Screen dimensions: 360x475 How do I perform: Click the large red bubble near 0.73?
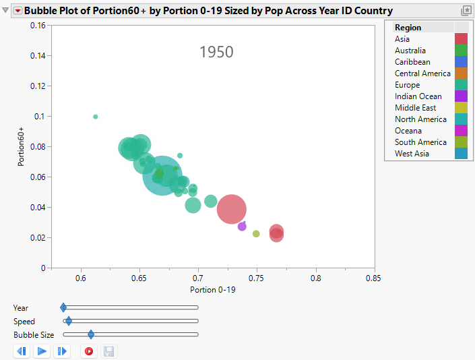pos(232,209)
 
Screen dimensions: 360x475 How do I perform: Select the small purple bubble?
pos(242,227)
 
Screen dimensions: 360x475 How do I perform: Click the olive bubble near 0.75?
pos(256,234)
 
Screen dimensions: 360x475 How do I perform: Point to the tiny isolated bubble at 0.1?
pos(96,117)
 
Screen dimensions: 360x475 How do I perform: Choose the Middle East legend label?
pos(415,108)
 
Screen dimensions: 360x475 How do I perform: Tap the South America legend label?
pos(420,142)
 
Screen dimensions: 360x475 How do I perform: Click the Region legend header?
pos(408,28)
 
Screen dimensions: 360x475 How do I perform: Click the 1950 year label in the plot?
pos(216,52)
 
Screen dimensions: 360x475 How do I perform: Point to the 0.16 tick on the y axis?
pos(36,25)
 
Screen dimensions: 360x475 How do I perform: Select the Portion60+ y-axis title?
pos(22,146)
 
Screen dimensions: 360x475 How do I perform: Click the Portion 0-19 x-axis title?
pos(212,290)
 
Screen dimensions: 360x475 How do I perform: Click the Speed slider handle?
pos(69,322)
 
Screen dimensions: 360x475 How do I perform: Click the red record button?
pos(88,351)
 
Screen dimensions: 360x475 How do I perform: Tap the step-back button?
pos(22,351)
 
